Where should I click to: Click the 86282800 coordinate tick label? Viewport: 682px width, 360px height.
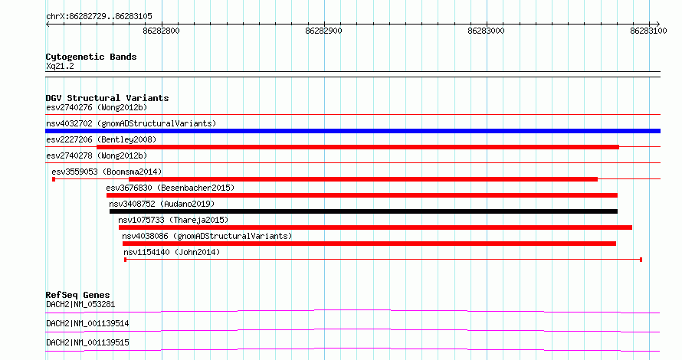[x=161, y=31]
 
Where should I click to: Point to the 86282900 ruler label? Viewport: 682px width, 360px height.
[x=323, y=31]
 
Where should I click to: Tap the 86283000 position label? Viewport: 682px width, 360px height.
[x=486, y=31]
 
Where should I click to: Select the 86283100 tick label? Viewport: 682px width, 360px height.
[x=648, y=31]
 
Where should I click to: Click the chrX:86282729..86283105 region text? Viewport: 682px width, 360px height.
[x=99, y=17]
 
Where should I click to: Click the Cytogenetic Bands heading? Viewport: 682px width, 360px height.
[x=91, y=57]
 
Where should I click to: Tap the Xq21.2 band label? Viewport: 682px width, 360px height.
[x=60, y=66]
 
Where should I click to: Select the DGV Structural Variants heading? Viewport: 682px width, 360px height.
[x=107, y=98]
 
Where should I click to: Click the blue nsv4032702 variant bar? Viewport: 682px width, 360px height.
[x=352, y=131]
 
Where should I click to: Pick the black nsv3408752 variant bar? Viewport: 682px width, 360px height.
[x=364, y=211]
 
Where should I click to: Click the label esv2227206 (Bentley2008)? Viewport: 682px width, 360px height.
[x=101, y=139]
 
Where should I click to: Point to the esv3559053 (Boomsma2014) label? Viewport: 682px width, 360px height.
[x=107, y=172]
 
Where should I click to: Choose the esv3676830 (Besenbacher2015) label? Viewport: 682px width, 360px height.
[x=170, y=188]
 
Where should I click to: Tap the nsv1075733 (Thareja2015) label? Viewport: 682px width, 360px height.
[x=173, y=220]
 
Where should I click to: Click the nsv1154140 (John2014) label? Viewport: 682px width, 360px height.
[x=172, y=252]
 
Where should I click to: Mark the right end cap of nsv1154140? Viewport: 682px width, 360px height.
[x=641, y=260]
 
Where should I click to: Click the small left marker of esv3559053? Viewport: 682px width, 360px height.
[x=54, y=179]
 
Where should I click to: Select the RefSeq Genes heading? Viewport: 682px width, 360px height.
[x=77, y=295]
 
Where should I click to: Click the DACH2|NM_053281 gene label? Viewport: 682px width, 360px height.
[x=80, y=304]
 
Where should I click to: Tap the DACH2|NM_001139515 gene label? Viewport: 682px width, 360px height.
[x=87, y=342]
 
